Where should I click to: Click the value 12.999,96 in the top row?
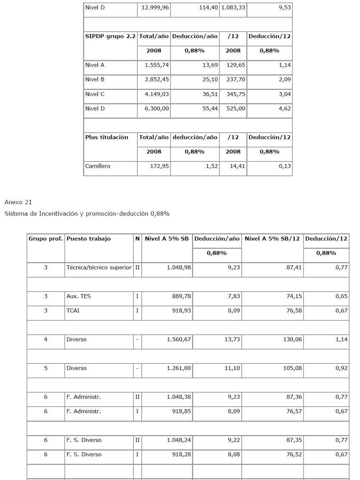(155, 8)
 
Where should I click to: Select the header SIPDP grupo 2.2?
(110, 36)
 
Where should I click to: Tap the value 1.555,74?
(157, 65)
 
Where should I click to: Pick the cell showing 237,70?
(236, 79)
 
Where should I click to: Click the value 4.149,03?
(157, 94)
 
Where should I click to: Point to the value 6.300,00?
(157, 109)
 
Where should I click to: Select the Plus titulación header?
(107, 137)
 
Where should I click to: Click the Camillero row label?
(98, 166)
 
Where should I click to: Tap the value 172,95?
(159, 166)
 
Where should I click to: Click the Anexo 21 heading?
(18, 202)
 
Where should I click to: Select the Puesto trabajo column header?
(88, 239)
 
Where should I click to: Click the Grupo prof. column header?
(46, 239)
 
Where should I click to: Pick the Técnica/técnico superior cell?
(99, 268)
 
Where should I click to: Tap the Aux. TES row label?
(78, 296)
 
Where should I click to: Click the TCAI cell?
(73, 311)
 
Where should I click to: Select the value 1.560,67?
(179, 339)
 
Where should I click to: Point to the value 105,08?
(292, 368)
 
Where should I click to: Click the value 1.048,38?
(179, 397)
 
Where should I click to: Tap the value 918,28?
(181, 454)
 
